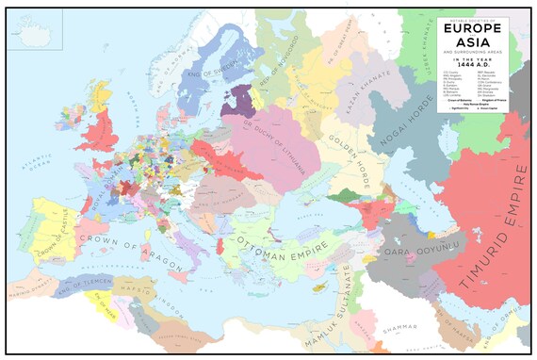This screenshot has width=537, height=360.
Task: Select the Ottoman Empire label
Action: tap(284, 240)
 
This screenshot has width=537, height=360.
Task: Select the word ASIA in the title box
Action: tap(468, 44)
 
